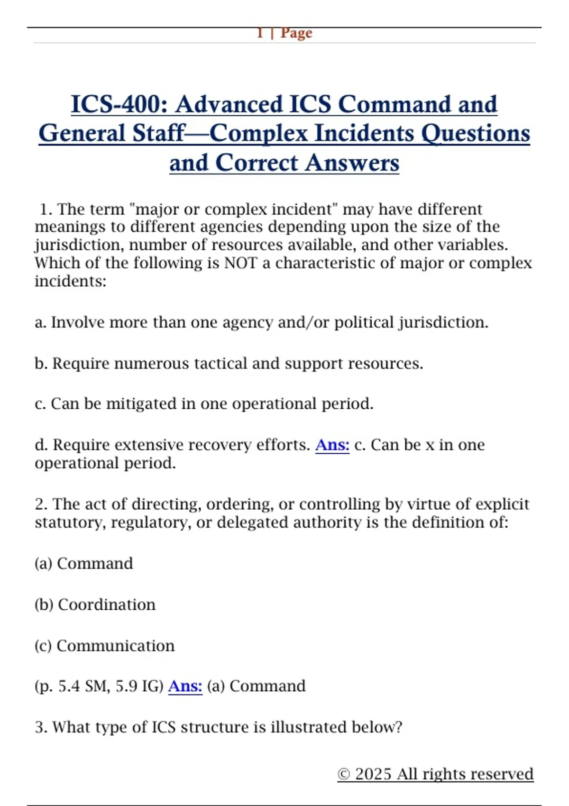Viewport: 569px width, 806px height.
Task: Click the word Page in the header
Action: (x=296, y=33)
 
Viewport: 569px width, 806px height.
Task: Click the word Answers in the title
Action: (x=352, y=163)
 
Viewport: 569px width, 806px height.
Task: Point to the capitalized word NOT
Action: (x=240, y=263)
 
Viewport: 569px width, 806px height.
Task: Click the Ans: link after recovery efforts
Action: (x=332, y=445)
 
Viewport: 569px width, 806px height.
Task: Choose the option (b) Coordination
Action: (x=95, y=604)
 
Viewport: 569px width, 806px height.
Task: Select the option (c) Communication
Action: (x=104, y=646)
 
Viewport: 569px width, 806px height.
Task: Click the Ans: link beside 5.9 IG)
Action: (x=185, y=686)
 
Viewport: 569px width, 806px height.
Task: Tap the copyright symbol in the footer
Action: (x=344, y=774)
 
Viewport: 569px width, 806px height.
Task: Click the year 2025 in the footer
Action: (x=374, y=774)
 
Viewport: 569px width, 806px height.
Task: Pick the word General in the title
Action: (x=83, y=134)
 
